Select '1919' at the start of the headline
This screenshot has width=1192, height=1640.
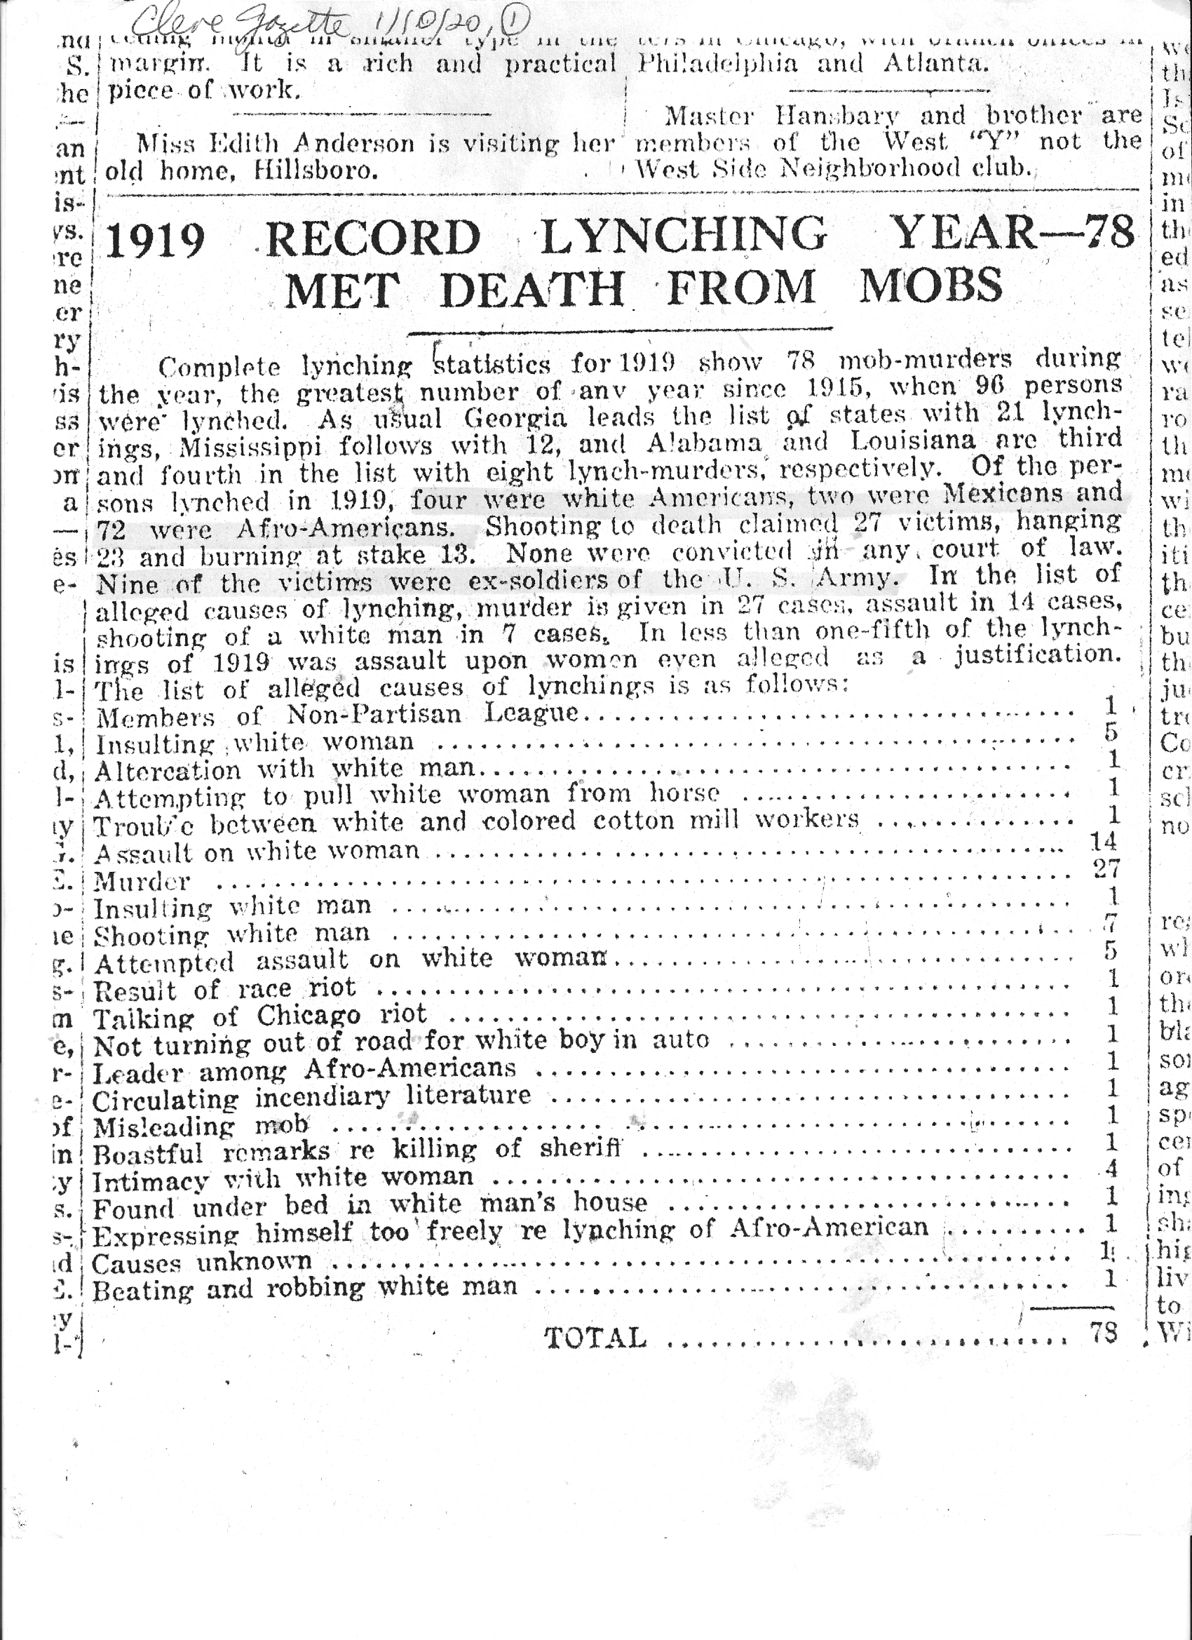click(156, 240)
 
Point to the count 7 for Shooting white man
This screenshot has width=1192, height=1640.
click(1111, 922)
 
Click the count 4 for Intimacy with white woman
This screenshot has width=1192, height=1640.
click(1112, 1167)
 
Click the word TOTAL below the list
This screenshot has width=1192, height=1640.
click(595, 1338)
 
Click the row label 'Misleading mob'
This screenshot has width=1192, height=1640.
click(201, 1126)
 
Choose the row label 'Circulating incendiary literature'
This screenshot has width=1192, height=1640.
click(311, 1098)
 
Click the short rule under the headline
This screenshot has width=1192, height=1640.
click(620, 330)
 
